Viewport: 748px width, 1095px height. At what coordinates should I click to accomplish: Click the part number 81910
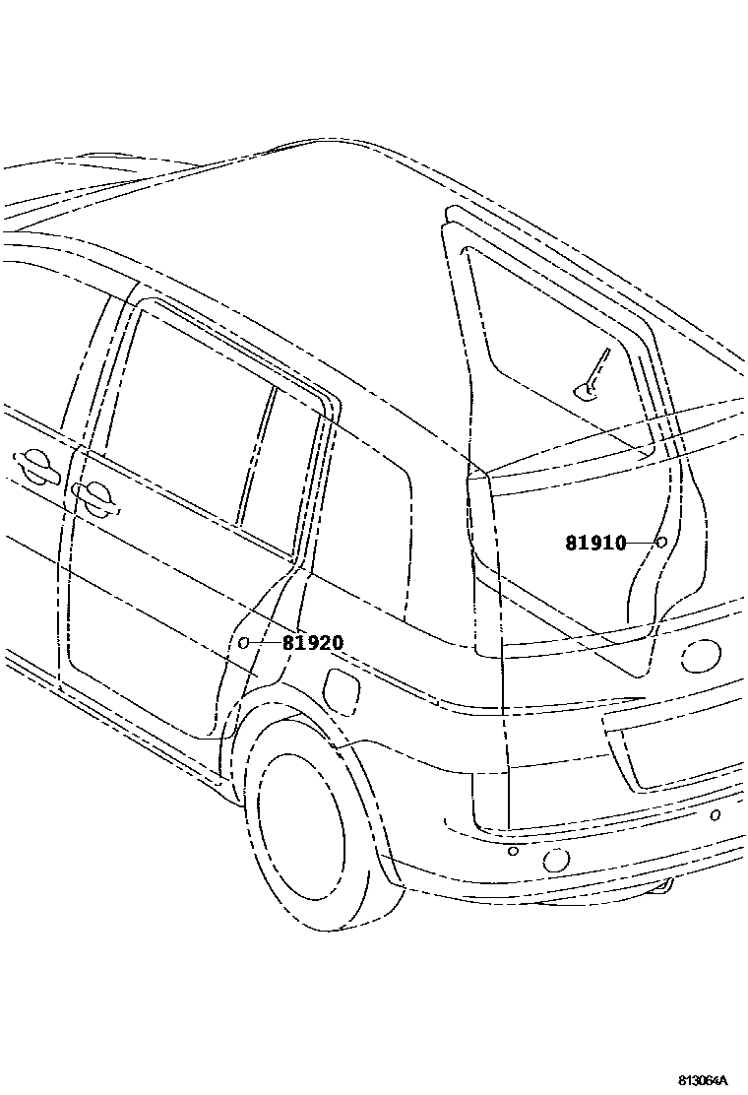[595, 543]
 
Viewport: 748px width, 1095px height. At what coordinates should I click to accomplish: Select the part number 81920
[313, 644]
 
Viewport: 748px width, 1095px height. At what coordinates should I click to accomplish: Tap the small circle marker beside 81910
[661, 542]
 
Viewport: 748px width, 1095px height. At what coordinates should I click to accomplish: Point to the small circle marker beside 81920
[243, 643]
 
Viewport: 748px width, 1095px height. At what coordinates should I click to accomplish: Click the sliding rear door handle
[93, 498]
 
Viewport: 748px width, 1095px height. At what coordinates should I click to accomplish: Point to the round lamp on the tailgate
[700, 656]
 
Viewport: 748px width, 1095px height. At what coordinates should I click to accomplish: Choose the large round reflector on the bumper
[556, 860]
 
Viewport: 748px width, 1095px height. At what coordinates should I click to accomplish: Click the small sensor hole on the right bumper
[716, 814]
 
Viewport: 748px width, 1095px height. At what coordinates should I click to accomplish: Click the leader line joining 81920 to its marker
[265, 643]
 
